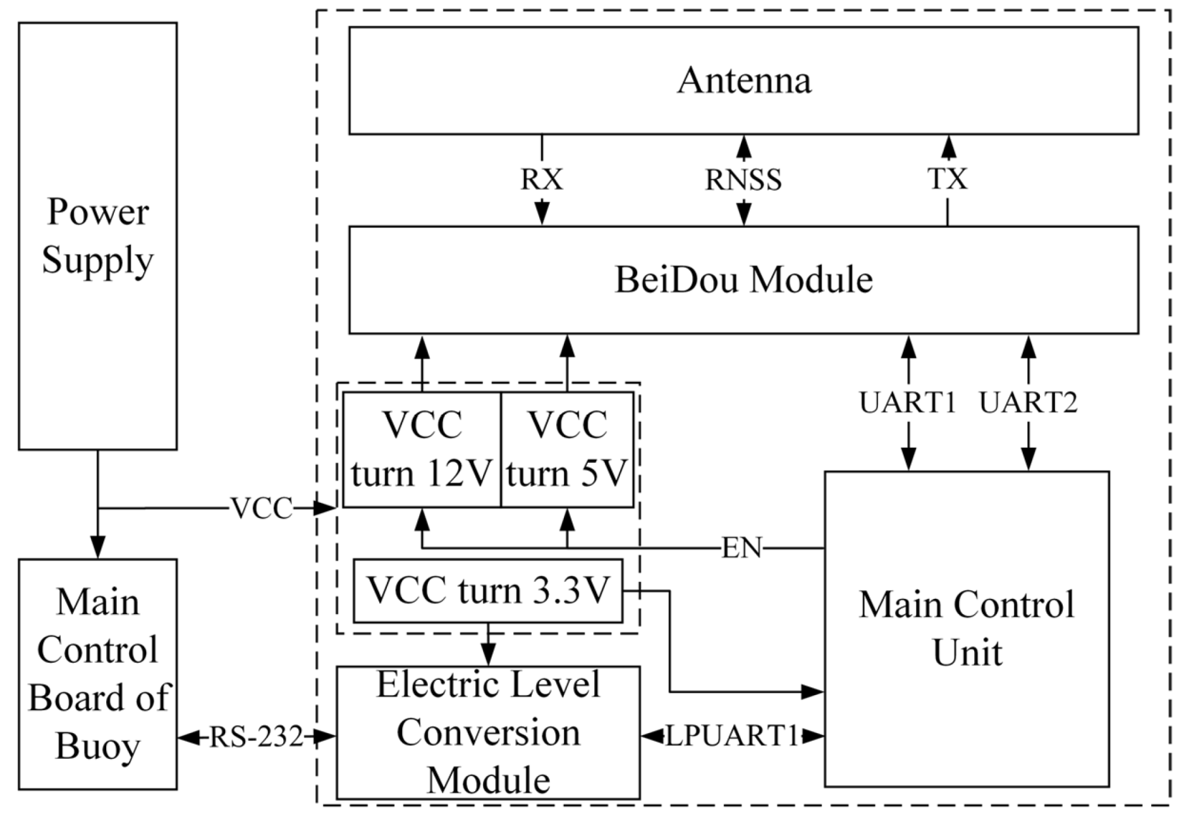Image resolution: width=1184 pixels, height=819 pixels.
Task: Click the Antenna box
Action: [x=743, y=80]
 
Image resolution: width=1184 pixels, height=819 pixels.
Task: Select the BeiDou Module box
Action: [x=743, y=280]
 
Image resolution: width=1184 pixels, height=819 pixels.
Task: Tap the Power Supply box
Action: [x=97, y=236]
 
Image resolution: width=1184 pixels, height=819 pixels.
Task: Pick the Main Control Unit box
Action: [x=966, y=629]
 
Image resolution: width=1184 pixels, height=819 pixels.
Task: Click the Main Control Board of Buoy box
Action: [x=97, y=674]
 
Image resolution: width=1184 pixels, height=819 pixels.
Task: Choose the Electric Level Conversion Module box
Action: [x=488, y=732]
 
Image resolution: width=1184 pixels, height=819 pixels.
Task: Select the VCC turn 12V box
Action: [x=422, y=450]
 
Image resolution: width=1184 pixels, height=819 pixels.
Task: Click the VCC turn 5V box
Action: [x=567, y=450]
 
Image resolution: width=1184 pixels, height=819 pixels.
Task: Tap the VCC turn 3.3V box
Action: [x=487, y=590]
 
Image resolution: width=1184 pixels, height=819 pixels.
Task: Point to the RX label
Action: [x=542, y=180]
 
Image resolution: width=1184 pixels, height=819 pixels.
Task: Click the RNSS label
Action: [x=743, y=180]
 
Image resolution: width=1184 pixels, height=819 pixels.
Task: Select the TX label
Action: [x=947, y=179]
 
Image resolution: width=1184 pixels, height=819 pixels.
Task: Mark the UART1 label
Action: [x=908, y=402]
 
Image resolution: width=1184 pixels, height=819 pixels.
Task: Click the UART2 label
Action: [x=1028, y=402]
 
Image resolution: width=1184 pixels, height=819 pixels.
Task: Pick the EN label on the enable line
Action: [x=742, y=548]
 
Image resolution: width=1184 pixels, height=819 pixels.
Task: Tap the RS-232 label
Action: [x=256, y=737]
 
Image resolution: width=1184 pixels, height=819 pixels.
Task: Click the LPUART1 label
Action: [x=732, y=736]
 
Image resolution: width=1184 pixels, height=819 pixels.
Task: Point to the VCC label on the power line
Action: [x=261, y=508]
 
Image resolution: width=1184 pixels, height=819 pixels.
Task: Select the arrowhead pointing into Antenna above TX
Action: [x=947, y=147]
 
